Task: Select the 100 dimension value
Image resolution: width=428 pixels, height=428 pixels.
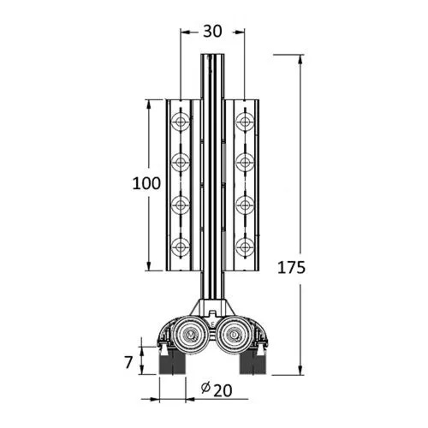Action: pos(148,182)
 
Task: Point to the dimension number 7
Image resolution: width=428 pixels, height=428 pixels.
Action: pos(128,362)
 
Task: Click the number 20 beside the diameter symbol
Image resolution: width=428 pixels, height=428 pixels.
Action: pos(221,389)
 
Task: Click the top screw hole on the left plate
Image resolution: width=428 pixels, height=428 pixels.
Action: pos(181,122)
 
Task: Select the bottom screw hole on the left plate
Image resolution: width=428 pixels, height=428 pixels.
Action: pos(181,247)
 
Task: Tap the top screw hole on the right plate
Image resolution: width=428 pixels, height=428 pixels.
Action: pos(244,122)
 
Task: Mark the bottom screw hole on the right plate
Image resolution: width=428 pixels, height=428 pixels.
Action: pos(244,247)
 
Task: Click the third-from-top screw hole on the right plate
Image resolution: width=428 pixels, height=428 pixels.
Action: pos(244,205)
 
